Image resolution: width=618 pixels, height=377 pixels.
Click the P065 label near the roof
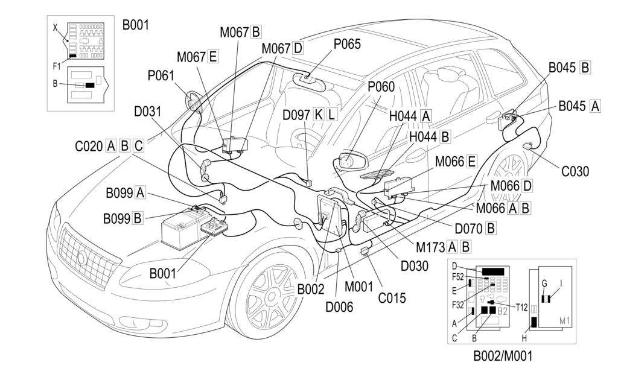click(x=346, y=45)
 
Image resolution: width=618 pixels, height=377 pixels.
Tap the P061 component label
click(x=161, y=75)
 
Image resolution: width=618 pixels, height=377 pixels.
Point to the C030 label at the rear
click(x=575, y=171)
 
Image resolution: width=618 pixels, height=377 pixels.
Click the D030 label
click(x=414, y=265)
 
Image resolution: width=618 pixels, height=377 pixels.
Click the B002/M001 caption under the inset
click(x=503, y=356)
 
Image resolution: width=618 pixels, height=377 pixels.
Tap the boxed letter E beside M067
click(x=212, y=57)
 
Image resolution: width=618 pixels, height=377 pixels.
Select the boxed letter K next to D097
click(x=319, y=115)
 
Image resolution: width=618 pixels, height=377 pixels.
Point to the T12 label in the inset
click(x=522, y=306)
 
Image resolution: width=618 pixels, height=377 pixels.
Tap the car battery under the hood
click(x=181, y=230)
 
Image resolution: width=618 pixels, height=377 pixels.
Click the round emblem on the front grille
click(x=81, y=259)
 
